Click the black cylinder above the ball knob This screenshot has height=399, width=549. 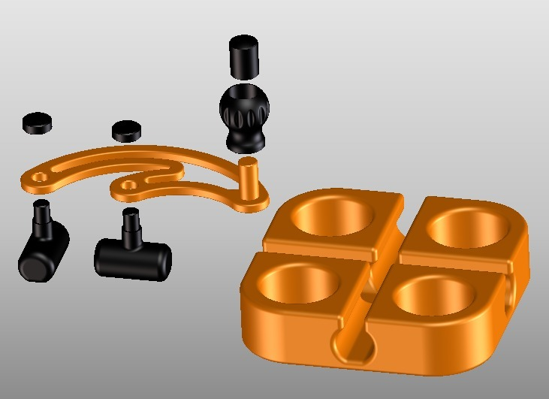click(244, 56)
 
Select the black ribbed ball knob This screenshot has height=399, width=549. click(244, 111)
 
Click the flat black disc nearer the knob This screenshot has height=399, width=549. click(127, 130)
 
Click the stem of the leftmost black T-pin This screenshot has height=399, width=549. click(41, 218)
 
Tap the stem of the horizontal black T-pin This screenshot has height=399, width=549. click(132, 228)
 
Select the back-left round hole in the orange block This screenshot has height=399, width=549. click(333, 216)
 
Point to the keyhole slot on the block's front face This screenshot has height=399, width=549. click(352, 345)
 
